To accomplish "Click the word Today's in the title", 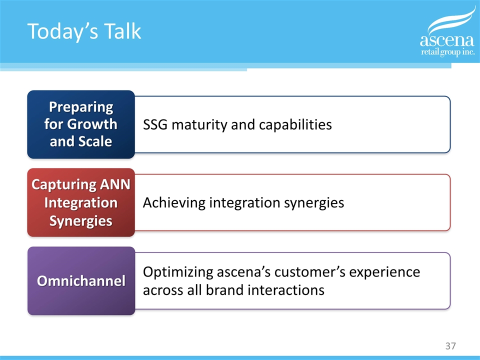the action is (63, 32).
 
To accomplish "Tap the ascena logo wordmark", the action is (447, 40).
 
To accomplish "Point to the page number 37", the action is (450, 346).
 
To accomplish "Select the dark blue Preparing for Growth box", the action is (81, 124).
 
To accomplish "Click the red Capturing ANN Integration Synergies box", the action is (81, 202).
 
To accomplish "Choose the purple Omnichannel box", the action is (81, 280).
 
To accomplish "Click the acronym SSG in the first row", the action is (155, 124).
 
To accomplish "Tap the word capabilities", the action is (295, 125).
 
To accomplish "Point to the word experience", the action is (384, 272).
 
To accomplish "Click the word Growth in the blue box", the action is (92, 124).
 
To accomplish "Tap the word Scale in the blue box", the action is (95, 141).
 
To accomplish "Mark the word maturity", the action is (199, 125).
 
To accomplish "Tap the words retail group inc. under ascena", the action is (448, 52).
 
